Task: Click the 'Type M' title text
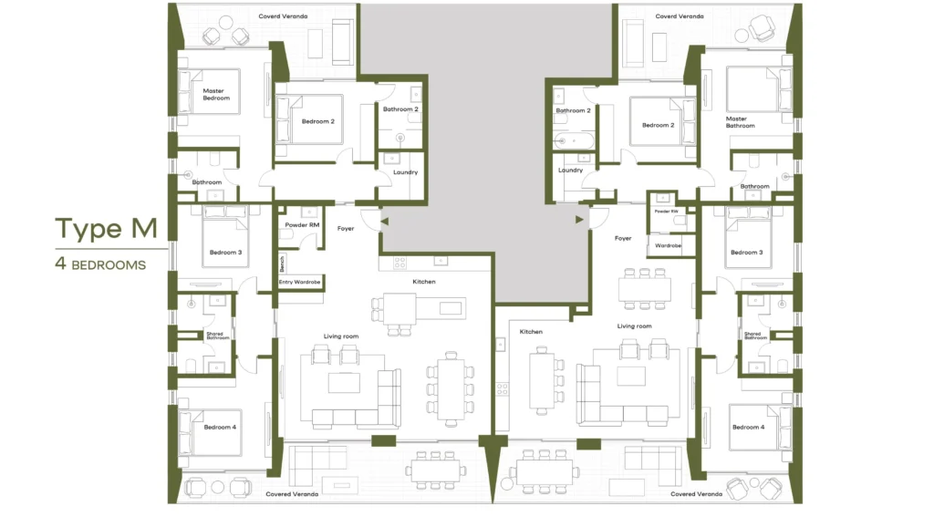point(106,229)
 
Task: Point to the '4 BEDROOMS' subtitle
point(100,263)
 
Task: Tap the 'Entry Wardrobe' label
point(299,282)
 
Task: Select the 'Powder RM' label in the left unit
point(302,225)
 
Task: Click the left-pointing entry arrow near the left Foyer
point(384,221)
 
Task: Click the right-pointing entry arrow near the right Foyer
point(579,219)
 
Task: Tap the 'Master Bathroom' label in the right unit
point(741,122)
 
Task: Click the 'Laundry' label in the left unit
point(405,172)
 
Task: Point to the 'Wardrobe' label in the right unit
point(668,245)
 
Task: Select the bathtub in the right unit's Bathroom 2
point(574,141)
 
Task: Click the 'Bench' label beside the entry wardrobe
point(282,263)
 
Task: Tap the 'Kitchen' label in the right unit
point(531,332)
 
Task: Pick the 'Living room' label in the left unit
point(341,336)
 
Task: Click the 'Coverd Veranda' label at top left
point(283,16)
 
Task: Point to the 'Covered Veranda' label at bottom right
point(696,493)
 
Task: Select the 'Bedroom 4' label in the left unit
point(220,427)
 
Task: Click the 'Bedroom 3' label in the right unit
point(746,253)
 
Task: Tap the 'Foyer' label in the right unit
point(623,238)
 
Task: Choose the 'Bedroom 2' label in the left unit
point(318,121)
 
